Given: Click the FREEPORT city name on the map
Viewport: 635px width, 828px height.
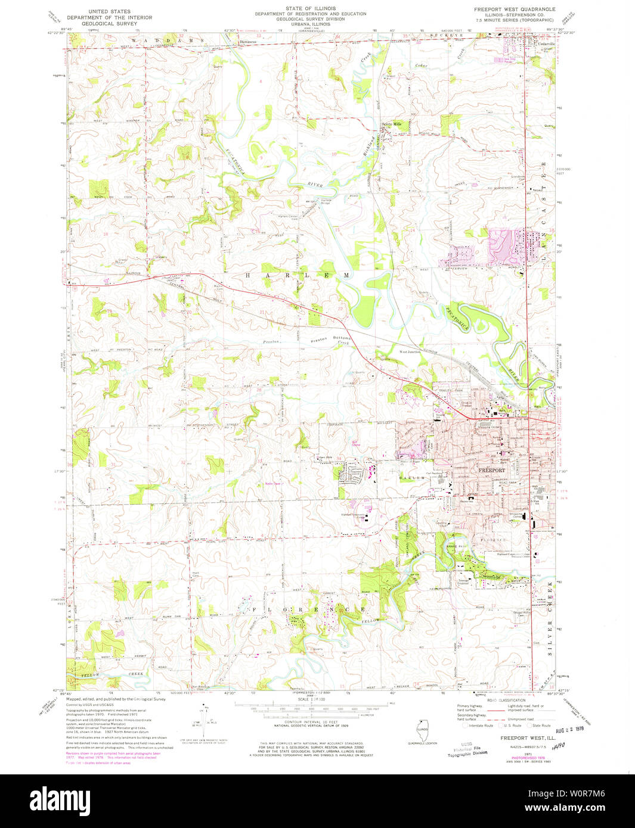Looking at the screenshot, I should click(492, 470).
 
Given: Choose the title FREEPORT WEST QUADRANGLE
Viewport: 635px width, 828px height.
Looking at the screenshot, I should click(514, 10).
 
